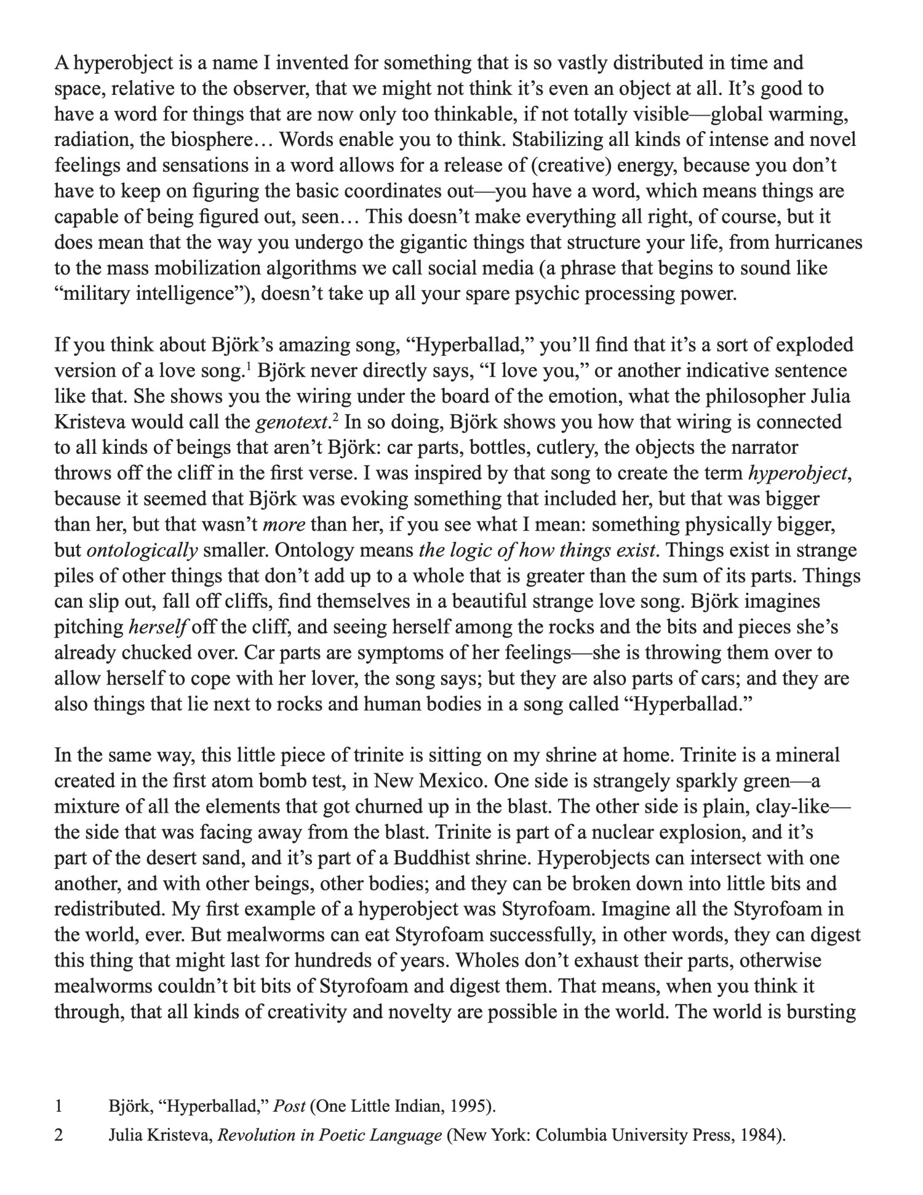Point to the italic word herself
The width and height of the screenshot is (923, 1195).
coord(157,627)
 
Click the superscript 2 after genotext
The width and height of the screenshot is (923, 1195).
coord(335,417)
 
